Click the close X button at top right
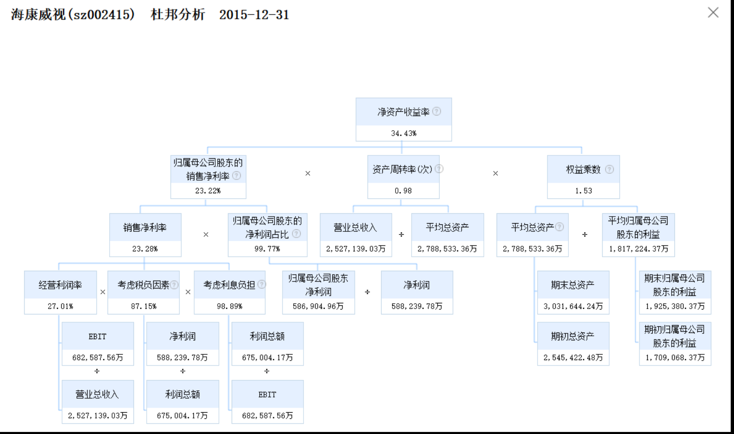(713, 13)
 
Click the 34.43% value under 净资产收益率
(403, 133)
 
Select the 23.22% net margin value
(208, 191)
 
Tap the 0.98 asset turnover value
(403, 191)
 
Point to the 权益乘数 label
(583, 169)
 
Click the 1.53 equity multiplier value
(583, 191)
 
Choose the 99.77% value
(267, 249)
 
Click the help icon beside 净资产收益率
(437, 111)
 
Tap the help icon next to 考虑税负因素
(174, 284)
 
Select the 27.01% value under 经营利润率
(60, 306)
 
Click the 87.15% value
(143, 306)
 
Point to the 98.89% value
(229, 306)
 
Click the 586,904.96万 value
(318, 306)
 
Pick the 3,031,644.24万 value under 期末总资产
(573, 306)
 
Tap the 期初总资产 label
(573, 336)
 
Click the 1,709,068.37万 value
(675, 358)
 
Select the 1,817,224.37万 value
(638, 249)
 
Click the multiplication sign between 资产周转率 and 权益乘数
(495, 173)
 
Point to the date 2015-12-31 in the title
(254, 15)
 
